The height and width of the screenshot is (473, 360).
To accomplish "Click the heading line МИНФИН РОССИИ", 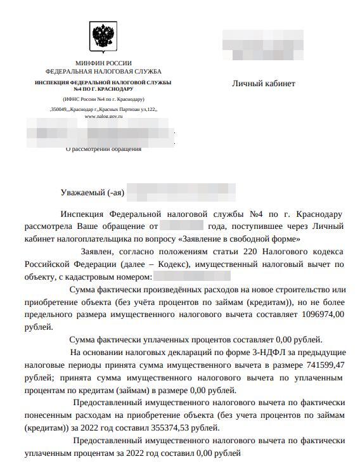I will (103, 63).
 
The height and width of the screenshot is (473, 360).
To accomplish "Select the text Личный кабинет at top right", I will (263, 84).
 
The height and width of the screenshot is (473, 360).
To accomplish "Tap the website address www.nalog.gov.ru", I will (103, 117).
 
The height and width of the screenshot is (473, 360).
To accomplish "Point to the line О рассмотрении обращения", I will (104, 149).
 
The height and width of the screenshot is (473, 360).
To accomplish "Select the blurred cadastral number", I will (192, 276).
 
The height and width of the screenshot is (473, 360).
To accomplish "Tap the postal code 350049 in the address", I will (59, 109).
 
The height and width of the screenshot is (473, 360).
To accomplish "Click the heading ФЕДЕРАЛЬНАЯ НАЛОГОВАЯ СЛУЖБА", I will (103, 72).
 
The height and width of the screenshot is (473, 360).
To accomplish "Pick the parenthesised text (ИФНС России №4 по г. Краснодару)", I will (103, 100).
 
